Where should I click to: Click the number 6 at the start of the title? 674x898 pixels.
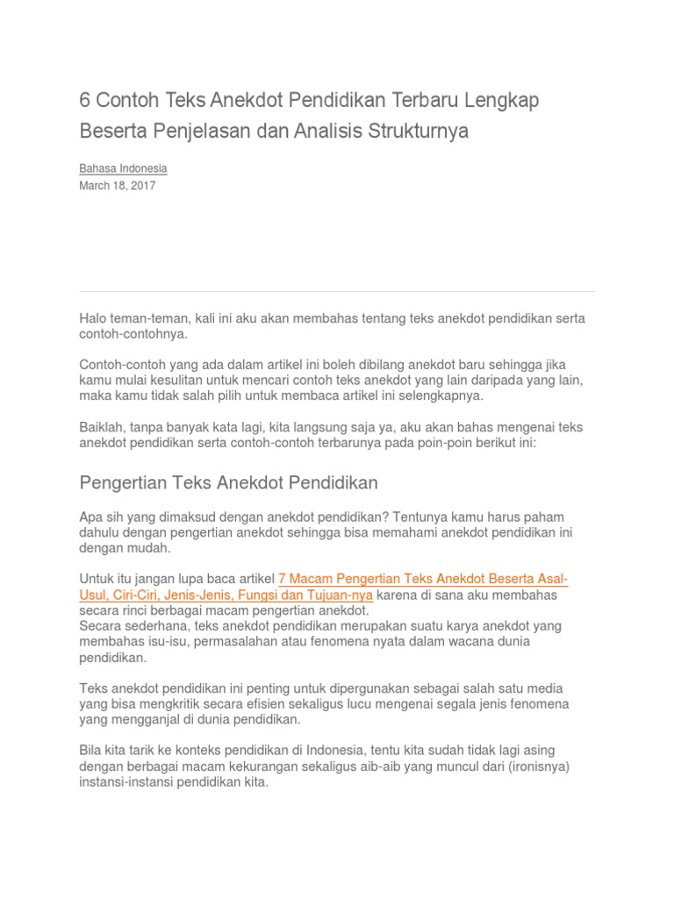click(x=85, y=100)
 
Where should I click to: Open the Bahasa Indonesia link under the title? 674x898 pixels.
click(x=123, y=168)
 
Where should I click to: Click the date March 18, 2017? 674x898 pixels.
click(x=118, y=186)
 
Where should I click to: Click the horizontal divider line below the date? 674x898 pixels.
click(x=336, y=291)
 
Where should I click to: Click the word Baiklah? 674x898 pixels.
click(x=102, y=428)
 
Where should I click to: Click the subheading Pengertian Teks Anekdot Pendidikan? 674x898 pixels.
click(x=228, y=483)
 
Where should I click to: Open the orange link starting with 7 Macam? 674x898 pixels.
click(x=422, y=579)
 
